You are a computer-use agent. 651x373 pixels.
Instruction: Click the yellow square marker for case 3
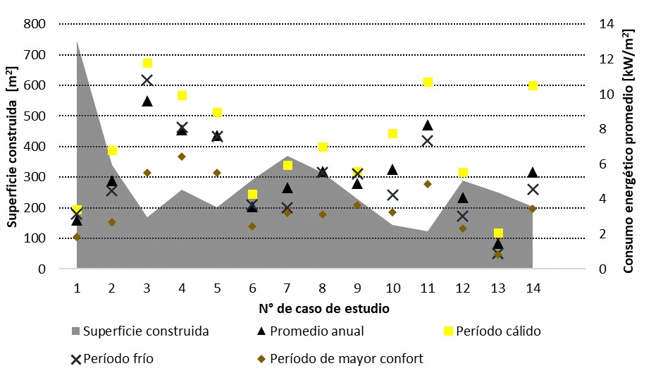[x=147, y=63]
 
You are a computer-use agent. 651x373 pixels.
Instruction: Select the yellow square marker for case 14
[x=533, y=85]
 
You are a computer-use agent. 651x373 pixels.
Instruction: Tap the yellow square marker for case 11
[x=428, y=82]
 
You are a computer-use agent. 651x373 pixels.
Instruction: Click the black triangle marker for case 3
[x=147, y=101]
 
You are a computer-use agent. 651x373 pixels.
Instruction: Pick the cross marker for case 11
[x=428, y=140]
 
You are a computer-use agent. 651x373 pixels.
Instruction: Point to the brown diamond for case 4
[x=182, y=157]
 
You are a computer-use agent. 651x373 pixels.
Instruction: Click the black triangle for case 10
[x=392, y=169]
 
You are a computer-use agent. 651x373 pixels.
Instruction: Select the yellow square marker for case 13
[x=498, y=233]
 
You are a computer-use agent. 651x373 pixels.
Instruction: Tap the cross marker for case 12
[x=463, y=216]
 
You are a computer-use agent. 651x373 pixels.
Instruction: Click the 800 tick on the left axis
[x=36, y=24]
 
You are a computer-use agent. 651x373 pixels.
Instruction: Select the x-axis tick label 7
[x=287, y=288]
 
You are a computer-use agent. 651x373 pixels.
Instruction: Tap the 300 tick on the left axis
[x=36, y=177]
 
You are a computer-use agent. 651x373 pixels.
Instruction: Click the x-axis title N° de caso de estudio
[x=322, y=308]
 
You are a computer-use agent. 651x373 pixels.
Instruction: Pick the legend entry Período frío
[x=118, y=358]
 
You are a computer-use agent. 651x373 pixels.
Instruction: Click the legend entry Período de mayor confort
[x=357, y=358]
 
